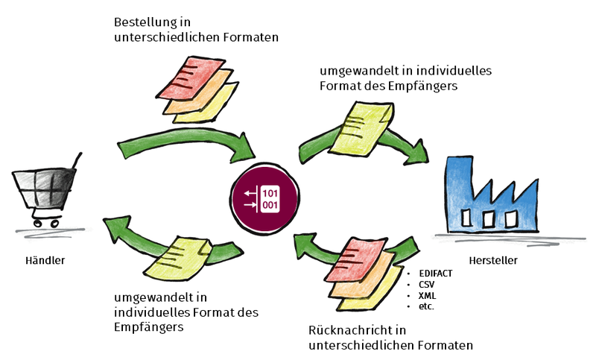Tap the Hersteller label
click(x=493, y=260)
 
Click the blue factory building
click(x=492, y=197)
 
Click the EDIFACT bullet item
click(x=436, y=274)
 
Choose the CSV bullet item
click(x=427, y=285)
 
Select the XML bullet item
click(x=427, y=295)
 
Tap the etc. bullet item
click(x=426, y=306)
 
